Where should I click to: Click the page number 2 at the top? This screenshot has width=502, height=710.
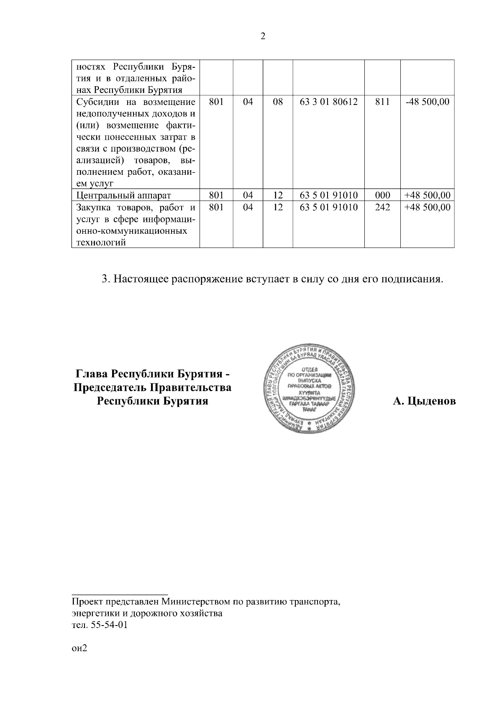[x=263, y=36]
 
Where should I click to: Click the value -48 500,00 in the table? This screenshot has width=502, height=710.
[x=427, y=102]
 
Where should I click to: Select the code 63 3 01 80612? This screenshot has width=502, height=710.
[x=329, y=102]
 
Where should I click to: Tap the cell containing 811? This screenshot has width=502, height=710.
[x=382, y=102]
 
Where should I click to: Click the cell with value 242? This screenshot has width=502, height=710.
[x=382, y=207]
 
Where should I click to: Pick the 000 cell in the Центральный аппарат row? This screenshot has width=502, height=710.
[x=382, y=195]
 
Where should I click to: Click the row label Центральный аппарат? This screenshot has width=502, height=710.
[x=124, y=195]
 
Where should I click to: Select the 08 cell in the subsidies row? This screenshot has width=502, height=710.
[x=278, y=102]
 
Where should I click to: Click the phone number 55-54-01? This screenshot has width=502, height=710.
[x=108, y=626]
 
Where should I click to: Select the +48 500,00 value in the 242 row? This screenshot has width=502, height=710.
[x=427, y=207]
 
